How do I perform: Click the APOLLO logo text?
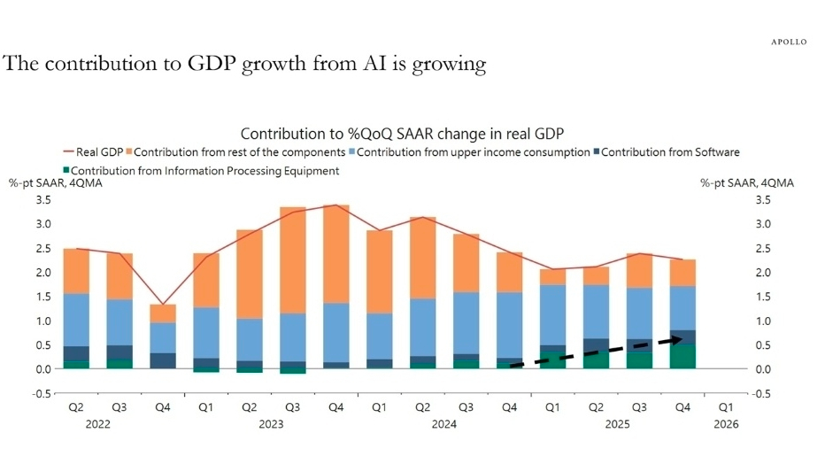(x=789, y=42)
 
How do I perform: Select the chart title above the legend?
(x=403, y=134)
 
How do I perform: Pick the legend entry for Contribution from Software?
(x=664, y=152)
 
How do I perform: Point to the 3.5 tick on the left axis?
(x=42, y=200)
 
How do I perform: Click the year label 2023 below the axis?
(x=271, y=424)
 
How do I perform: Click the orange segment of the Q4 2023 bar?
(x=335, y=254)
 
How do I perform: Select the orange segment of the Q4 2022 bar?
(x=163, y=313)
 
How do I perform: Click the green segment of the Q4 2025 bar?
(x=682, y=357)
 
